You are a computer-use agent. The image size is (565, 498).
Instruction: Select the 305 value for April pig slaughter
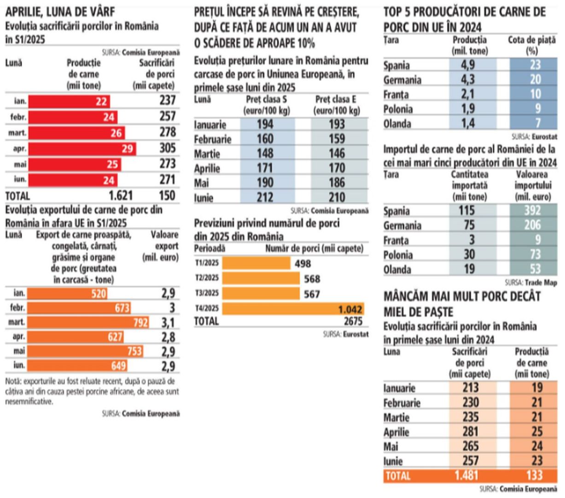[167, 148]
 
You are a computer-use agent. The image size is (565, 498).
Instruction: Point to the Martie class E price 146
[337, 153]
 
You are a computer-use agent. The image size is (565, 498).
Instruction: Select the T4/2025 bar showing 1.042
[293, 308]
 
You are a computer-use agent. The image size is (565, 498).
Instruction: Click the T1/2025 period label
[207, 264]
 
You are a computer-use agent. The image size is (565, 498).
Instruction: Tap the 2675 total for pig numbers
[352, 321]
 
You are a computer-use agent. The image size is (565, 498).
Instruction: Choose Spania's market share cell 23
[535, 65]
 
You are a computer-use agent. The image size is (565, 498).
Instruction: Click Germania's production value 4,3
[468, 79]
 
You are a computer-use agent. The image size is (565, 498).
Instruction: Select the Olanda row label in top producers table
[397, 124]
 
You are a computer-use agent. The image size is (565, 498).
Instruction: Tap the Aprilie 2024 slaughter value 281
[471, 432]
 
